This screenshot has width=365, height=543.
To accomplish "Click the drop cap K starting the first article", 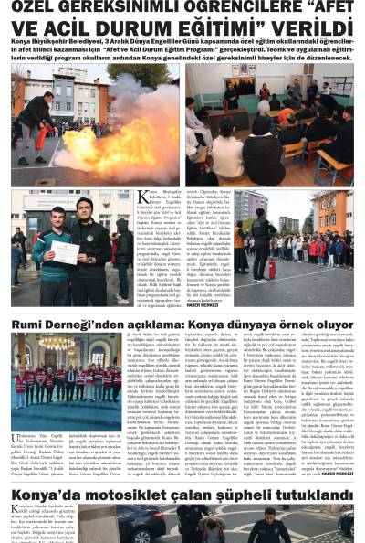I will pos(142,197).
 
